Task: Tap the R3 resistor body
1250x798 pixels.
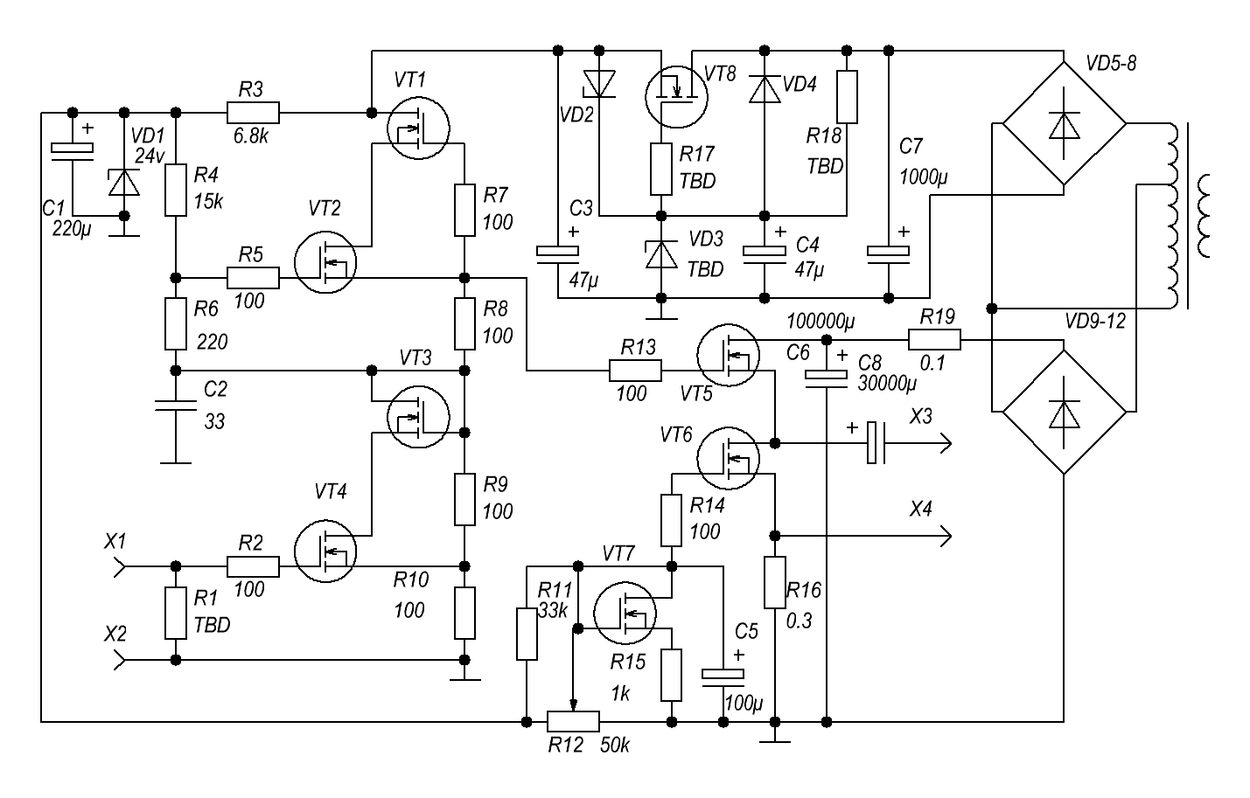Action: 253,113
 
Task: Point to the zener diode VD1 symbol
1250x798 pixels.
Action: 124,183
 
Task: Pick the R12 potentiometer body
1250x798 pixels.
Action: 573,722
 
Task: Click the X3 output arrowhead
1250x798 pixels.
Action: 946,443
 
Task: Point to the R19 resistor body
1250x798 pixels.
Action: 935,339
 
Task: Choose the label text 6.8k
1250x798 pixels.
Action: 250,135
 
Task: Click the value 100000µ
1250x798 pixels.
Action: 821,321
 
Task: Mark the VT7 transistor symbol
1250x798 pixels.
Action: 625,613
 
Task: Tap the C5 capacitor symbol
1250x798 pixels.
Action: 723,675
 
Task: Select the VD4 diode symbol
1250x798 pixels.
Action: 765,90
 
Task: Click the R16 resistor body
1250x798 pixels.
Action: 774,582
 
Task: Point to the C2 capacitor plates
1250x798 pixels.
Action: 175,406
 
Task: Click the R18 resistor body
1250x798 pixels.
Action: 847,97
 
